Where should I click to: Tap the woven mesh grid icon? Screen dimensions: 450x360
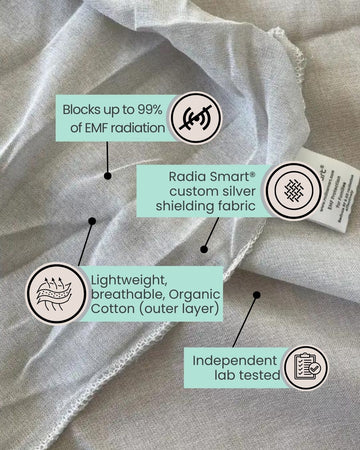point(294,189)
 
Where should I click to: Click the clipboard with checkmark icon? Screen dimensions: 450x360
point(305,368)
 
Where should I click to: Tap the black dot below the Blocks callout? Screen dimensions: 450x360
point(107,176)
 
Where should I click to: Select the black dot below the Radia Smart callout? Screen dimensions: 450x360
point(203,249)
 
